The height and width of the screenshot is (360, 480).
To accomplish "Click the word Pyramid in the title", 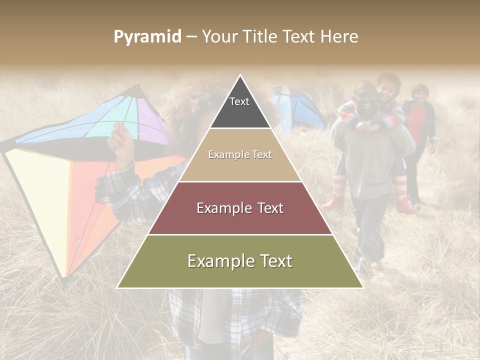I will click(147, 37).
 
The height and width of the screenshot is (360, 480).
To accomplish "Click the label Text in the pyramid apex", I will click(239, 101).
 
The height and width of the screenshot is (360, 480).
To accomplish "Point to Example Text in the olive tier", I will click(240, 261).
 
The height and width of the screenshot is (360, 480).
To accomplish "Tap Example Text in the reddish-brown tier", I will click(240, 208).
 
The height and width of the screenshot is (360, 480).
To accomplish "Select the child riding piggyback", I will click(387, 100).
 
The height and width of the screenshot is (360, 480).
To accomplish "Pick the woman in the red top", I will click(419, 125).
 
